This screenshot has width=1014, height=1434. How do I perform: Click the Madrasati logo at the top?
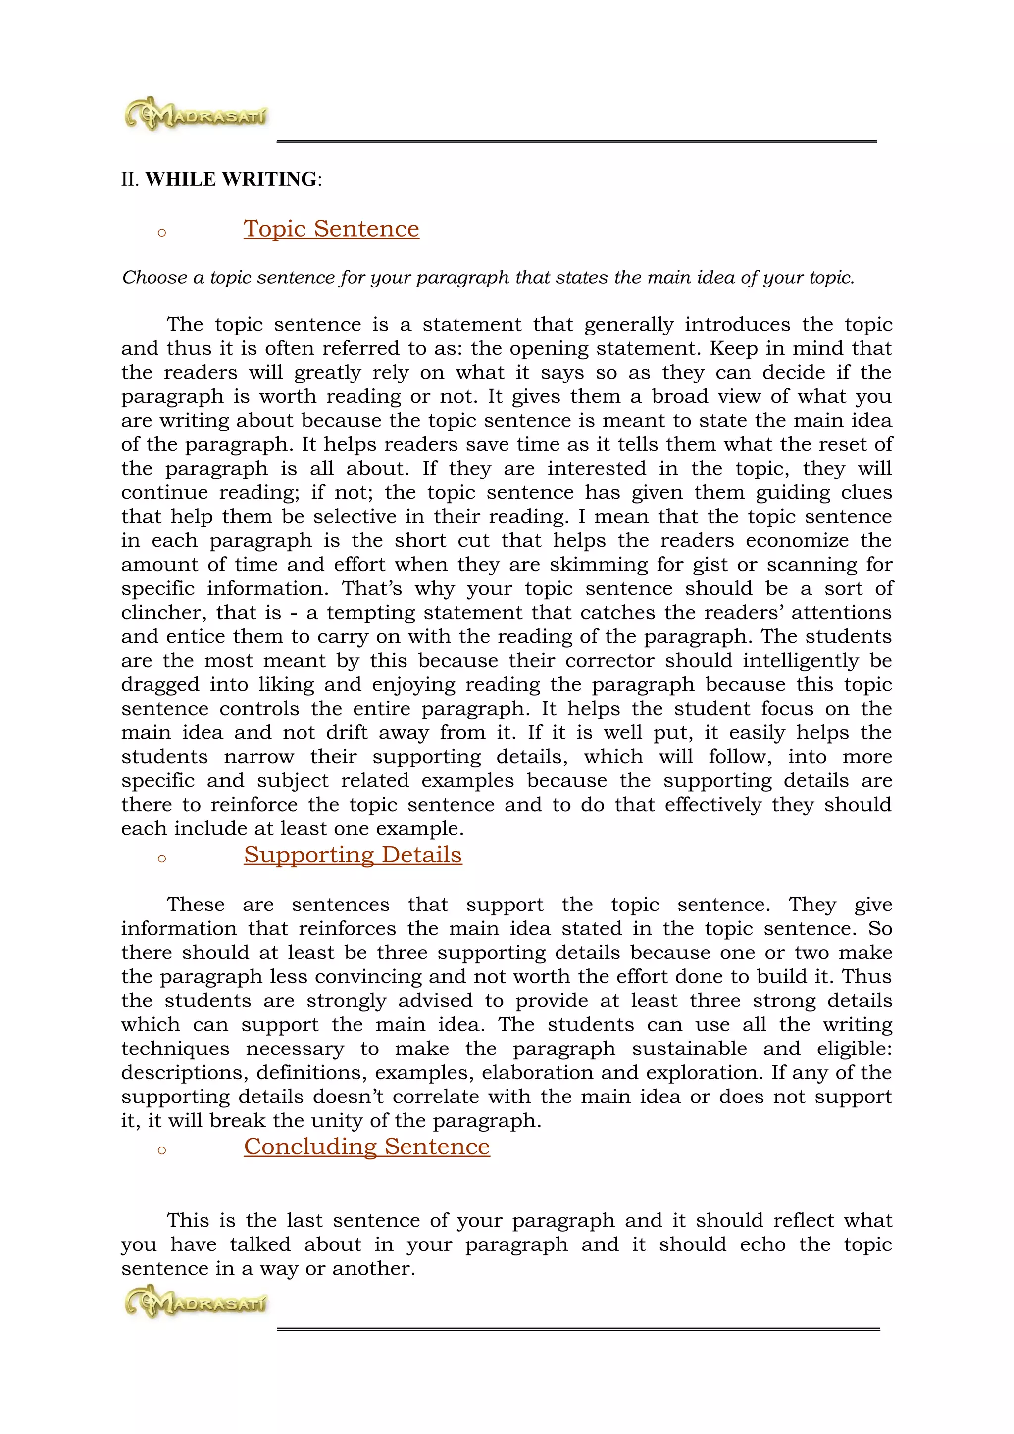(196, 114)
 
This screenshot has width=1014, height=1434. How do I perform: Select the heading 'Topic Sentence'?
(331, 229)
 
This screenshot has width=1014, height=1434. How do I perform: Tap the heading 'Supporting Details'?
(353, 855)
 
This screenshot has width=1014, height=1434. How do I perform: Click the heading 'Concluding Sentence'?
(367, 1146)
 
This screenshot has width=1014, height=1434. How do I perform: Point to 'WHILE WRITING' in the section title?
(231, 179)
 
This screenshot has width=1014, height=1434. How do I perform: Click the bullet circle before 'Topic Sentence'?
(162, 233)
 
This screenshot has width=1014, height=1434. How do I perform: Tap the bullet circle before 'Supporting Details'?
(162, 859)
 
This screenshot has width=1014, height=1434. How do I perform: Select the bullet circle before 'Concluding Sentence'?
(162, 1150)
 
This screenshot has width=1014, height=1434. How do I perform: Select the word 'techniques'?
(175, 1049)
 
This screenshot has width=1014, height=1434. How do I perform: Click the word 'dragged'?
(160, 685)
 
